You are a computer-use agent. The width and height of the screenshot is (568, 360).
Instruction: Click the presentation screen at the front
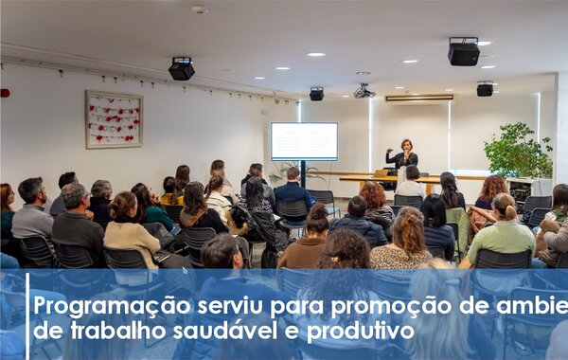tap(304, 141)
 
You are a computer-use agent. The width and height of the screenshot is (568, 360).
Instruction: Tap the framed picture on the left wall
tap(114, 119)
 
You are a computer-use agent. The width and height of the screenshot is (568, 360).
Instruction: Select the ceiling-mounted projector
tap(364, 92)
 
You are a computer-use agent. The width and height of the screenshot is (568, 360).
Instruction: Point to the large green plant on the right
tap(517, 152)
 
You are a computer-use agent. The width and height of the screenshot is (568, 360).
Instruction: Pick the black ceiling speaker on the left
tap(182, 68)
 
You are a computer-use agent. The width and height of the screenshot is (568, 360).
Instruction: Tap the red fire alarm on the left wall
tap(5, 93)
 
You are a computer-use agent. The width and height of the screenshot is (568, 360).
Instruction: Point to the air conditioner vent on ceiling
tap(419, 98)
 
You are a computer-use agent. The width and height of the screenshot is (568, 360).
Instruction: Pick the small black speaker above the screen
tap(316, 94)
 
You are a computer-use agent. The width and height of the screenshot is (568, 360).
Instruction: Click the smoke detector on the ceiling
tap(199, 9)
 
